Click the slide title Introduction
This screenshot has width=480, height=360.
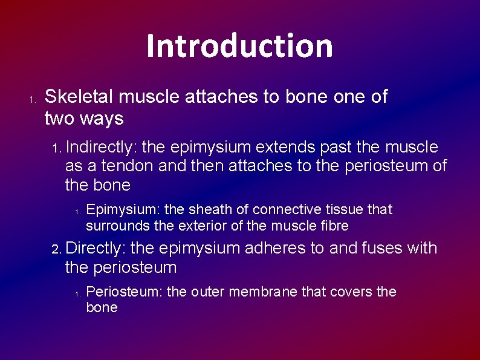tap(239, 46)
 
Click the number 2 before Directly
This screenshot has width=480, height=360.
tap(55, 249)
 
